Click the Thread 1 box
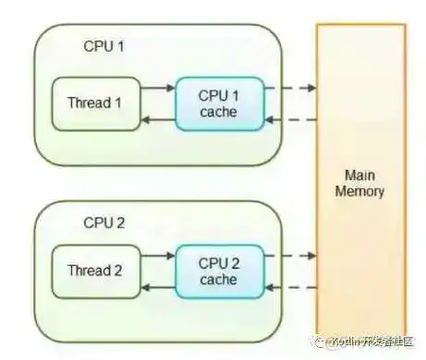pos(93,102)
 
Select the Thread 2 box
pos(93,270)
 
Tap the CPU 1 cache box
pos(218,103)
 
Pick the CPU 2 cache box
pos(218,270)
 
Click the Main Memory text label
pos(363,183)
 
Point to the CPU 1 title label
pos(103,45)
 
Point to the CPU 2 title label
pos(103,222)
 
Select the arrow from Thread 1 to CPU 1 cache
pos(156,88)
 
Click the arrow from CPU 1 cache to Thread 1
pos(156,118)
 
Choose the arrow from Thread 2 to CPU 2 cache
pos(156,256)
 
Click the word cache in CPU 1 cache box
pos(218,112)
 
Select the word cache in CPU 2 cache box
pos(218,279)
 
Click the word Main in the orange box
pos(363,174)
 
